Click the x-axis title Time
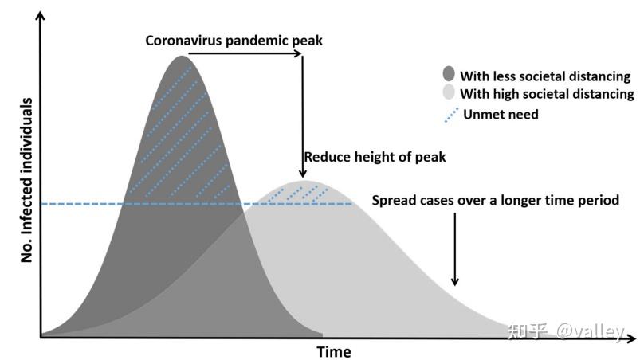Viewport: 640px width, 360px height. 334,351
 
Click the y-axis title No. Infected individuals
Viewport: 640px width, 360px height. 26,180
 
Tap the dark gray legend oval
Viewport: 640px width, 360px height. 449,74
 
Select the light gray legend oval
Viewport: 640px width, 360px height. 449,92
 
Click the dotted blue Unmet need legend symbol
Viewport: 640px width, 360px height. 451,115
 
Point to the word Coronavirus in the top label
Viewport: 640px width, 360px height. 183,41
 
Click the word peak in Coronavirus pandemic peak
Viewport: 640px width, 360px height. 308,41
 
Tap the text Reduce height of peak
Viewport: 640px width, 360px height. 375,157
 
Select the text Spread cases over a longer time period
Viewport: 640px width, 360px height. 496,200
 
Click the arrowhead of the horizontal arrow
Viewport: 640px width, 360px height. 298,53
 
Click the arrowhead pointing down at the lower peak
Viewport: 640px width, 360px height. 302,174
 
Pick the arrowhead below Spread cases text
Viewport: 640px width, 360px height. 454,281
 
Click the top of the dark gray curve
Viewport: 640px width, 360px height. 181,57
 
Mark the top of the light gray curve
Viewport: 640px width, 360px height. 306,182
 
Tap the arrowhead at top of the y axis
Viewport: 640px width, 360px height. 40,15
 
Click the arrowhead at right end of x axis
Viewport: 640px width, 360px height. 632,338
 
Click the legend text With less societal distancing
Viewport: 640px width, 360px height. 545,76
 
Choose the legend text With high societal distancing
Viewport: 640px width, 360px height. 547,94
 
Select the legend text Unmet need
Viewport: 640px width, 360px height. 501,114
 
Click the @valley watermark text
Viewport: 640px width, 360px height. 590,331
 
